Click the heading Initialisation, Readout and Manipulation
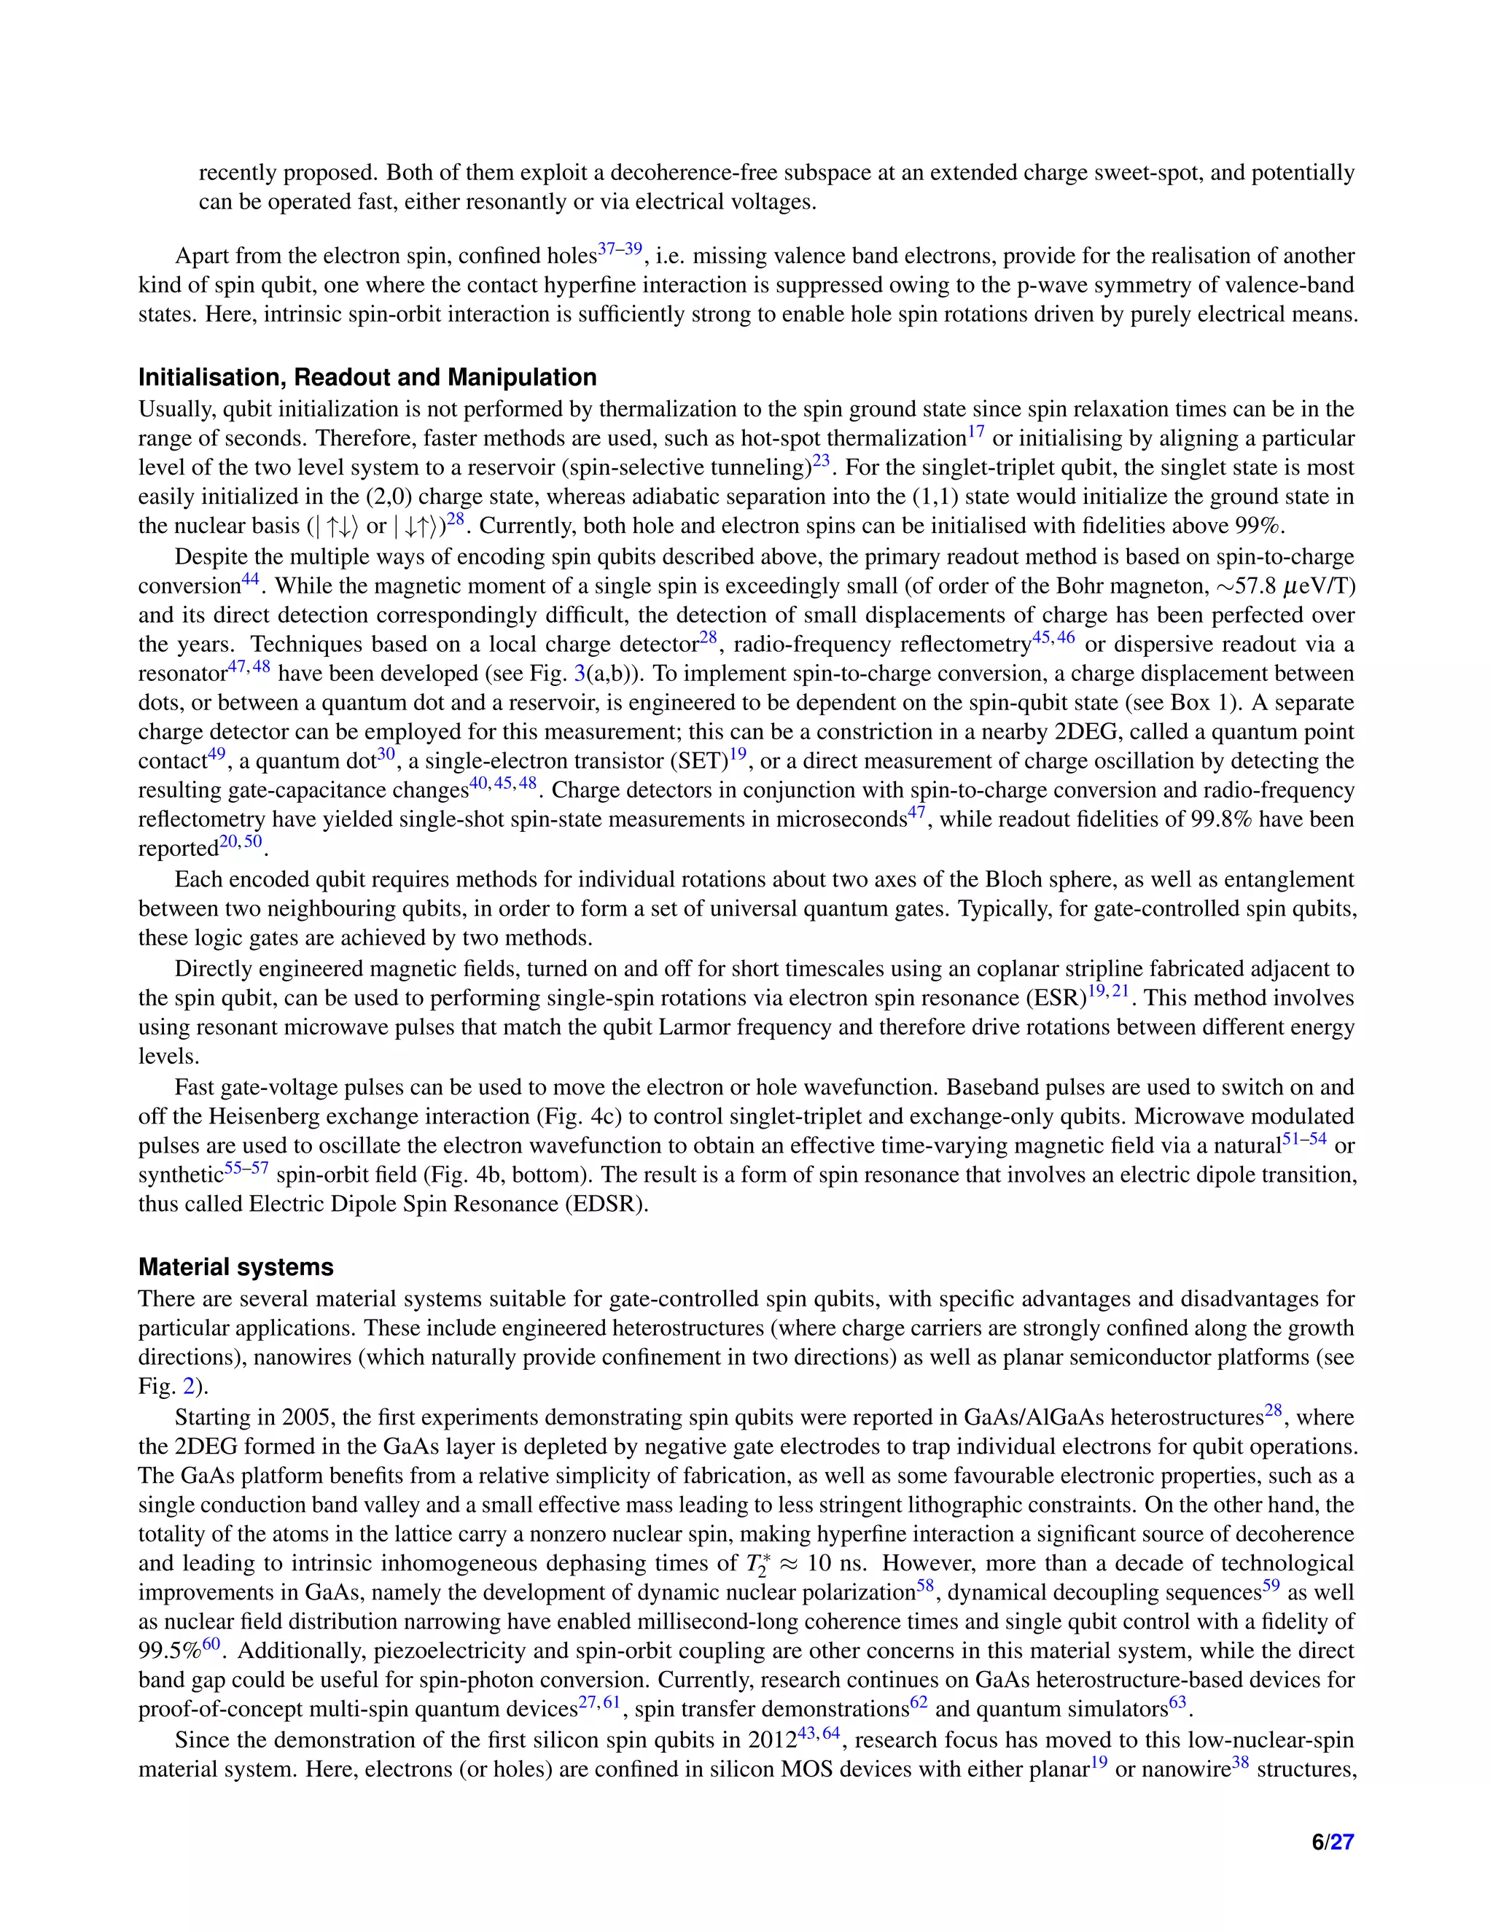tap(367, 378)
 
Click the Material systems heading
tap(235, 1267)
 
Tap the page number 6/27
tap(1332, 1842)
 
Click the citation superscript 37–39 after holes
tap(619, 250)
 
